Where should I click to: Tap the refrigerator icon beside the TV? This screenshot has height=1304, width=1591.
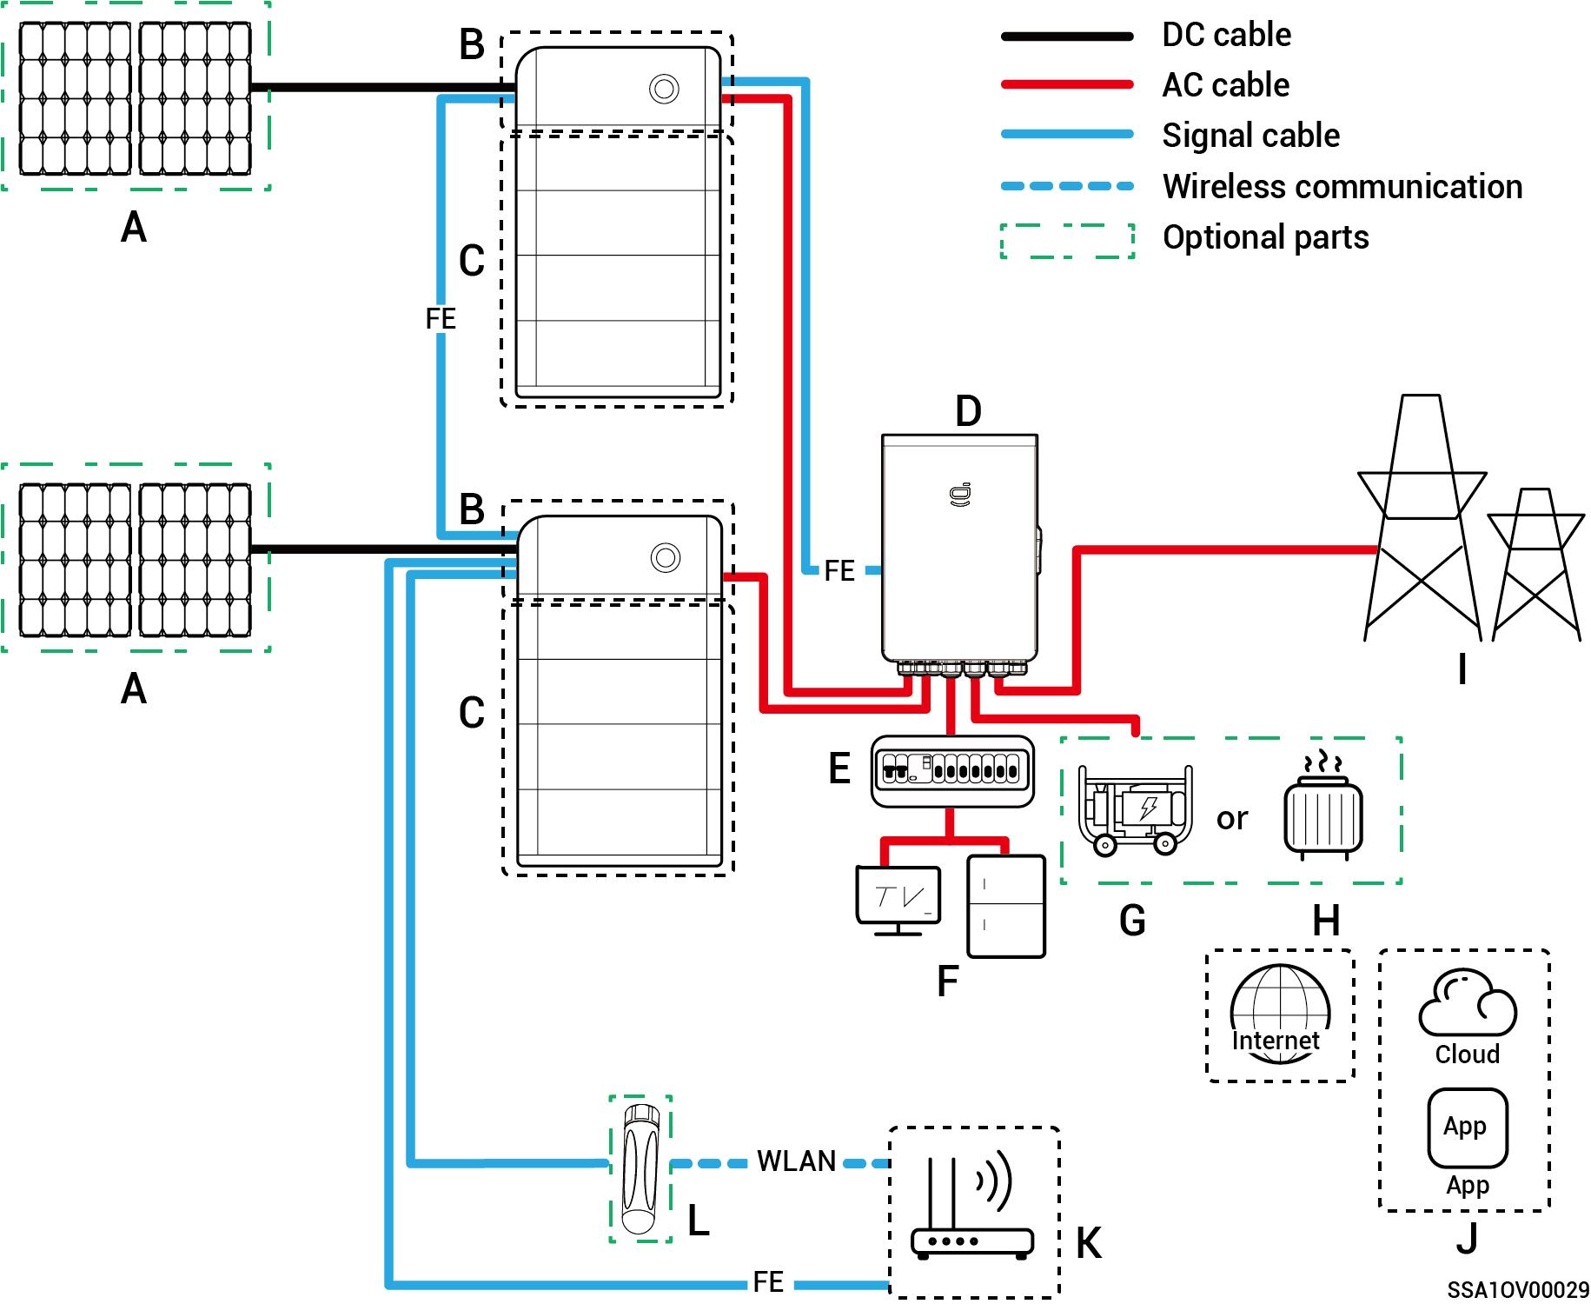pyautogui.click(x=1006, y=906)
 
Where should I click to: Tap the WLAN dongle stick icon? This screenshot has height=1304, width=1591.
pyautogui.click(x=640, y=1168)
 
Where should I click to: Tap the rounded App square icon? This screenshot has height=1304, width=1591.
pyautogui.click(x=1467, y=1128)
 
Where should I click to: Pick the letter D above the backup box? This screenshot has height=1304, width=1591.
pyautogui.click(x=968, y=411)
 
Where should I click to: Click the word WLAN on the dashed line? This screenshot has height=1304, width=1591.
pyautogui.click(x=796, y=1161)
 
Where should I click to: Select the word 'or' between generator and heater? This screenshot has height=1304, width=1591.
pyautogui.click(x=1232, y=818)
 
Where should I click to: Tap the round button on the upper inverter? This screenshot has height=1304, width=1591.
pyautogui.click(x=664, y=89)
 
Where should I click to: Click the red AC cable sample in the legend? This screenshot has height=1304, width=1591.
pyautogui.click(x=1067, y=84)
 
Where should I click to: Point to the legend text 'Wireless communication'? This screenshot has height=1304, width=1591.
pyautogui.click(x=1342, y=186)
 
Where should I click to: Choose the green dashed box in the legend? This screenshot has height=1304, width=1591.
pyautogui.click(x=1067, y=241)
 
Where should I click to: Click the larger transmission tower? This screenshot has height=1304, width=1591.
pyautogui.click(x=1421, y=522)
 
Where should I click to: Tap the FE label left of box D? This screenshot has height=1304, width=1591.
pyautogui.click(x=839, y=571)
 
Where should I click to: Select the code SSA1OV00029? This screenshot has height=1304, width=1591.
pyautogui.click(x=1517, y=1289)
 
